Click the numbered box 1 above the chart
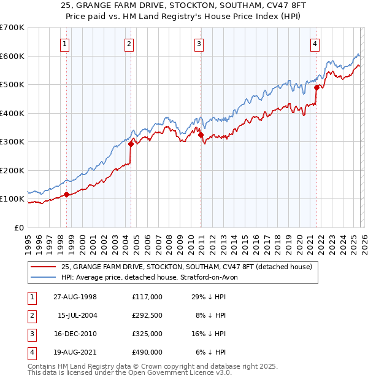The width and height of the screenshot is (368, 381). [x=65, y=44]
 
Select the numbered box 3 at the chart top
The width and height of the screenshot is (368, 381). [x=199, y=44]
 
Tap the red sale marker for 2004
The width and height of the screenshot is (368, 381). [x=131, y=144]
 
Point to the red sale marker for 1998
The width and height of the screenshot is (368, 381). [x=67, y=195]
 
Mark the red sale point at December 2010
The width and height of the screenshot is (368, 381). [x=201, y=135]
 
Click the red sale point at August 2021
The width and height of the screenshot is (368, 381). [x=316, y=87]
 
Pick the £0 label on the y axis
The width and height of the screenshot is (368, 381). [x=19, y=227]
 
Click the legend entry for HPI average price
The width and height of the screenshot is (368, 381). [x=153, y=277]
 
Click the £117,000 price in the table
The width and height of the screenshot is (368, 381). [x=147, y=296]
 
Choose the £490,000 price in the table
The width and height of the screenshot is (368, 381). [x=147, y=352]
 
